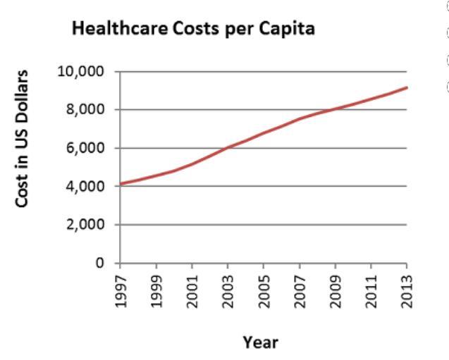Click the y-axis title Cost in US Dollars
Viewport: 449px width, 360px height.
(24, 129)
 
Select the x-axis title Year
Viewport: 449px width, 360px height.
(261, 343)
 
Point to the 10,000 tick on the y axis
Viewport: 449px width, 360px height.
(89, 72)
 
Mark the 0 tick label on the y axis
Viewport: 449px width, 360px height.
(109, 263)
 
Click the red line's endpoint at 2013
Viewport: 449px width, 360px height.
(407, 87)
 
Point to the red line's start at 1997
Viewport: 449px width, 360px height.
(121, 184)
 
